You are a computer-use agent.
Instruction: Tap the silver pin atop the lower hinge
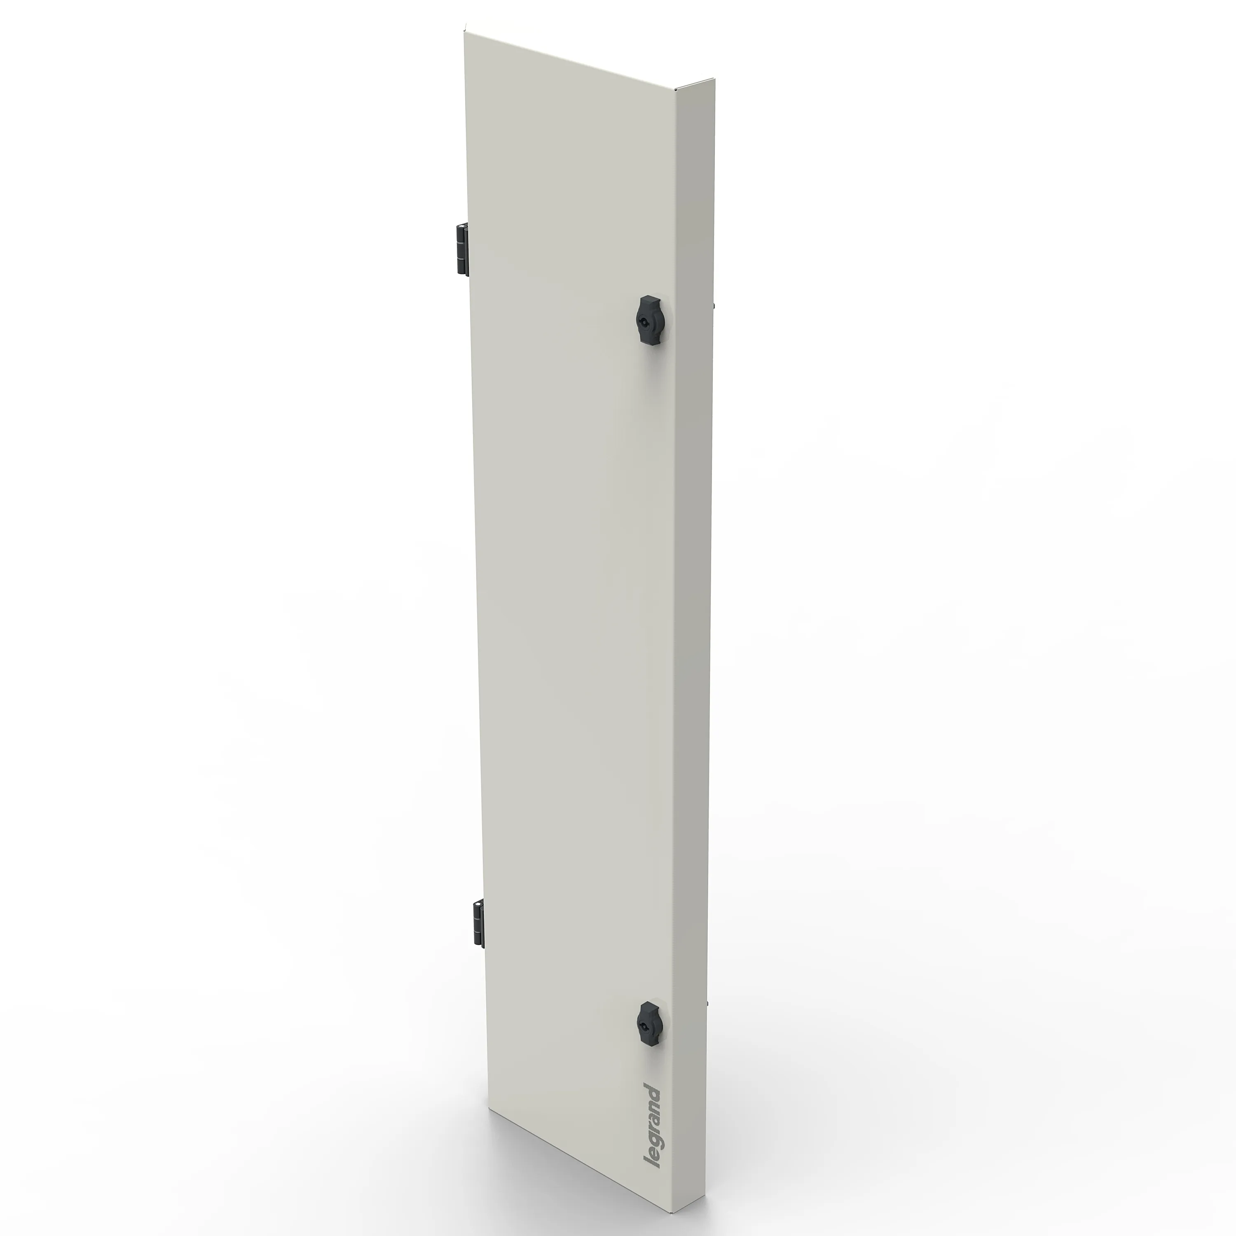[x=477, y=900]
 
